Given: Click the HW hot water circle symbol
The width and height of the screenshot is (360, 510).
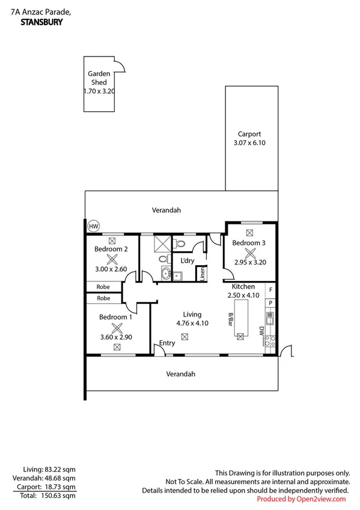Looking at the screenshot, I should pyautogui.click(x=93, y=226).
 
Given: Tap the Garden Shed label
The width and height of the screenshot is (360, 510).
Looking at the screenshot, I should pyautogui.click(x=99, y=78).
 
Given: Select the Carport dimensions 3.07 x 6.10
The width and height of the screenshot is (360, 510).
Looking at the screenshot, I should pyautogui.click(x=249, y=143).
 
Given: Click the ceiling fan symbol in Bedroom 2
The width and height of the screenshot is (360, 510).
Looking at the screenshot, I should pyautogui.click(x=111, y=259).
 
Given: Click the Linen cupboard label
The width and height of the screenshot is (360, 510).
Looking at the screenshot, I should pyautogui.click(x=202, y=274).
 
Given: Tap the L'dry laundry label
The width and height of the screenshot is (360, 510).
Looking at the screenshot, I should pyautogui.click(x=187, y=260).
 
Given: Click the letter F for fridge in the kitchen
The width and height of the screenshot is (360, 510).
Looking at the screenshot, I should pyautogui.click(x=270, y=290).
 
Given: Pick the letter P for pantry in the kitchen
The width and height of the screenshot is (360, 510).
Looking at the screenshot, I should pyautogui.click(x=270, y=303).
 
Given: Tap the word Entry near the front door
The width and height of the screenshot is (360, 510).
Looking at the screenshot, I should pyautogui.click(x=166, y=343).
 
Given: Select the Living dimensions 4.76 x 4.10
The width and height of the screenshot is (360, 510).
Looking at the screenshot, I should pyautogui.click(x=192, y=323).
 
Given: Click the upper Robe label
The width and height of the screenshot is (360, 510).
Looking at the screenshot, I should pyautogui.click(x=104, y=287).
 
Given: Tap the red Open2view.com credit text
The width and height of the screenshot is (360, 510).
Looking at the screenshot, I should pyautogui.click(x=301, y=499).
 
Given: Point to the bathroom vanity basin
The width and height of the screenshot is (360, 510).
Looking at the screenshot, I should pyautogui.click(x=166, y=274).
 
